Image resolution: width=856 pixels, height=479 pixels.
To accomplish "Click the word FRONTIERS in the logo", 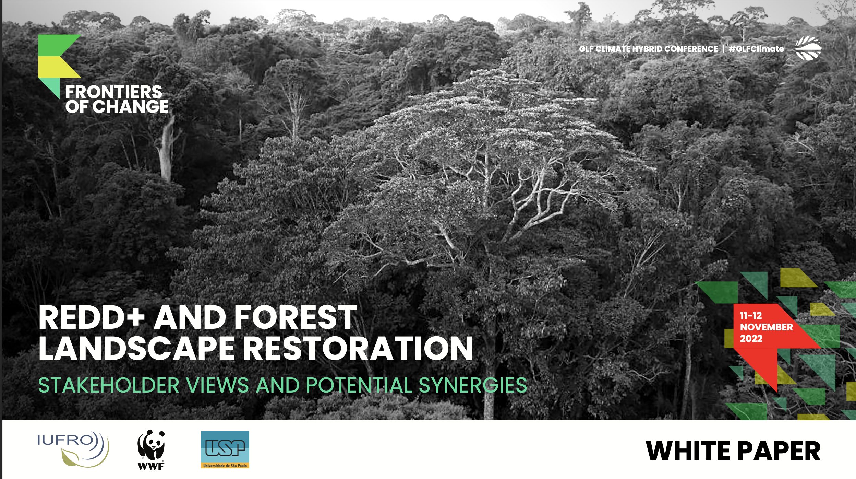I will (113, 92).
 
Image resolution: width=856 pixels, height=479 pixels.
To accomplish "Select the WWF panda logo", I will (151, 449).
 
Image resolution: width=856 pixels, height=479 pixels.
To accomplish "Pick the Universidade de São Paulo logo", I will (225, 449).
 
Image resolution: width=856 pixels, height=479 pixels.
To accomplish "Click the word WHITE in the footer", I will (687, 451).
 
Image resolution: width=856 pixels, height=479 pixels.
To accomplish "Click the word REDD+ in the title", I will (92, 318).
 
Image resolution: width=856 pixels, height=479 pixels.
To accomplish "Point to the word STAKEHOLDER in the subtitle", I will (109, 385).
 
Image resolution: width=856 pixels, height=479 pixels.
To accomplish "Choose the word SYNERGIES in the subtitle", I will (473, 385).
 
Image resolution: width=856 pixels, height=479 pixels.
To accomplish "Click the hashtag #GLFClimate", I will (756, 49).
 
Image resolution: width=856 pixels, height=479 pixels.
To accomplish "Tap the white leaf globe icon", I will (808, 48).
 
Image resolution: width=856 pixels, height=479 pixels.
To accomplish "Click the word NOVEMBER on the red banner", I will (767, 327).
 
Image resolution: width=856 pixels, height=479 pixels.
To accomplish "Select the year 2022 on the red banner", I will (751, 339).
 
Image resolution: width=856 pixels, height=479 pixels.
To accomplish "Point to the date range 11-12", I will (751, 315).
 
